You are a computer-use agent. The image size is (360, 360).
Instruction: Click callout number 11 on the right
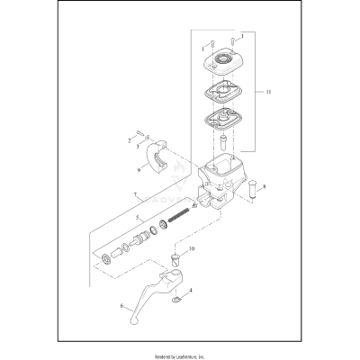click(261, 92)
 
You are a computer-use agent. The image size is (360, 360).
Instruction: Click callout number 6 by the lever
click(120, 306)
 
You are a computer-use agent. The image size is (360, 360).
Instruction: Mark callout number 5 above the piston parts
click(136, 219)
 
